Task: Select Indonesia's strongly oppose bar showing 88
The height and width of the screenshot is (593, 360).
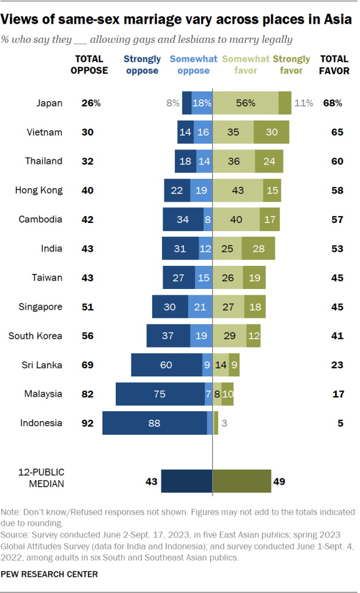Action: [155, 423]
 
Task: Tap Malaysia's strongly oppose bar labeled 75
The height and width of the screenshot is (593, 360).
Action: [160, 394]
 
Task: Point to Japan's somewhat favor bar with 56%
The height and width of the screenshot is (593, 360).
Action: [245, 103]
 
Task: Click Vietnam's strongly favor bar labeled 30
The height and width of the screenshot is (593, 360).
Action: [271, 132]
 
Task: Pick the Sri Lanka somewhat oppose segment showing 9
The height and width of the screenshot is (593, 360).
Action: [207, 365]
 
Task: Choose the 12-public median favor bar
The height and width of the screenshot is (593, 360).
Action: [241, 481]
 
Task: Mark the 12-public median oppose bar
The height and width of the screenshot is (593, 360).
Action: [186, 481]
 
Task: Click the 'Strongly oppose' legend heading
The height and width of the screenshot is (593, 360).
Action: [142, 65]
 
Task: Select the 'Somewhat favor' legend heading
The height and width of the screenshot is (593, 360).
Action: [245, 65]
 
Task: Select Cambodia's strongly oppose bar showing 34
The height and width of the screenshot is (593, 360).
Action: [183, 219]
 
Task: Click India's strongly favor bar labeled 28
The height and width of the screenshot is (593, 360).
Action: [258, 248]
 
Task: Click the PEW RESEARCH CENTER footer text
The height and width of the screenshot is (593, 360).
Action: [49, 574]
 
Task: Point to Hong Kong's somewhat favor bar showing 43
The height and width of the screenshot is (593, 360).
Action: [236, 190]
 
